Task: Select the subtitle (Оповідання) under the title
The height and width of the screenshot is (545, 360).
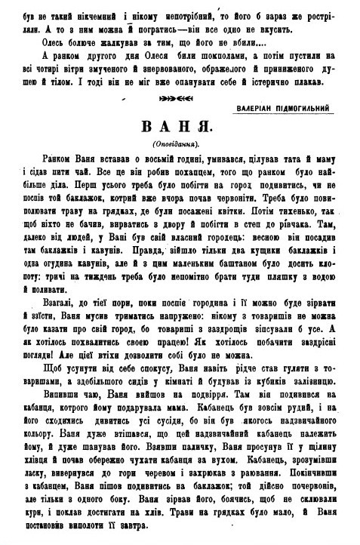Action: pos(180,143)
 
